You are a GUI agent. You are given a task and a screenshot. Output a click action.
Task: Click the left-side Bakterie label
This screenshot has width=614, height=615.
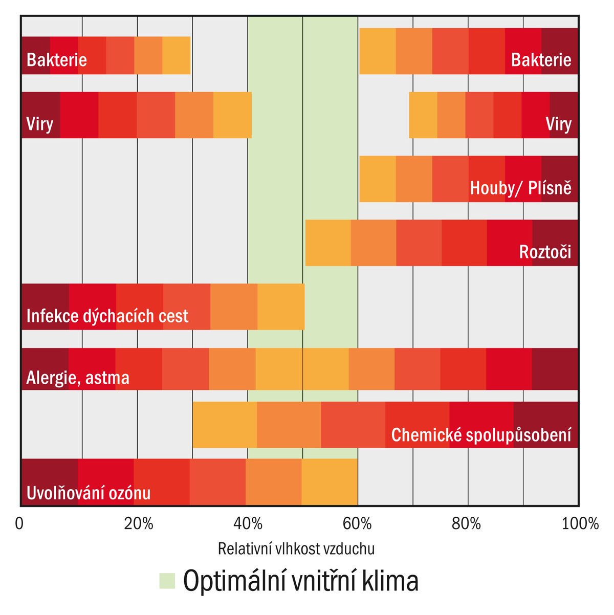pos(57,60)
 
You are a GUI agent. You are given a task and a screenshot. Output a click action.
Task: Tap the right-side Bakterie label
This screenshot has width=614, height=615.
pos(541,60)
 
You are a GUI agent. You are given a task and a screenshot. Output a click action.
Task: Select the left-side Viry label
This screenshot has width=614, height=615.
pos(40,124)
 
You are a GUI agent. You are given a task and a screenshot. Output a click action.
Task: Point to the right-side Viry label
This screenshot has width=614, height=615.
pos(558,124)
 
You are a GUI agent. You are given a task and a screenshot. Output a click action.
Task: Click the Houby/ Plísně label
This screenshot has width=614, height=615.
pos(520,188)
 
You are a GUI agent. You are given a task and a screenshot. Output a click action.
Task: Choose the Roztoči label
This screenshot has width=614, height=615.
pos(545,252)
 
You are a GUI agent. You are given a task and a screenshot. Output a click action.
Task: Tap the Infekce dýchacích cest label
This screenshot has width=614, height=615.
pos(107,316)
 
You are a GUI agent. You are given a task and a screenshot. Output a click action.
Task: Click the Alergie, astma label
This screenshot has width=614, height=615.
pos(78,378)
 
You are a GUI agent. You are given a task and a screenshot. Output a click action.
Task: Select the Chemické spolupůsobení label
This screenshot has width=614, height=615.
pos(481,435)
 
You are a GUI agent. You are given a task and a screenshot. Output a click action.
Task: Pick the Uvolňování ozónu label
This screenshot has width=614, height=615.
pos(89,493)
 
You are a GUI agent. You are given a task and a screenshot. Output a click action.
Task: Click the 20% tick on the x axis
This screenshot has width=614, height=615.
pos(138,524)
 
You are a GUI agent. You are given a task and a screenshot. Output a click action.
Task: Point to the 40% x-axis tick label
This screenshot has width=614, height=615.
pos(248,524)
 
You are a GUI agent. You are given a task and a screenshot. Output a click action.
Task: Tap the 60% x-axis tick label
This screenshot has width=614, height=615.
pos(357,524)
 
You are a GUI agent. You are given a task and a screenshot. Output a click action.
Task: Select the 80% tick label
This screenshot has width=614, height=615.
pos(467,524)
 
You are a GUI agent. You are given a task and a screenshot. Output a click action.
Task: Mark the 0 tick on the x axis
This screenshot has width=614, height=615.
pos(19,524)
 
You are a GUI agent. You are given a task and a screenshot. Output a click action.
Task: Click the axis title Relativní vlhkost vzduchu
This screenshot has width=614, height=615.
pos(296,549)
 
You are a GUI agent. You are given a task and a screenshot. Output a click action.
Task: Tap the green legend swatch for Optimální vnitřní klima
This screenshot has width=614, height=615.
pos(167,581)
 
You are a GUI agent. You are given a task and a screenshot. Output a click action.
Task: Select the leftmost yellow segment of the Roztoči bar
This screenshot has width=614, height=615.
pos(328,243)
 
